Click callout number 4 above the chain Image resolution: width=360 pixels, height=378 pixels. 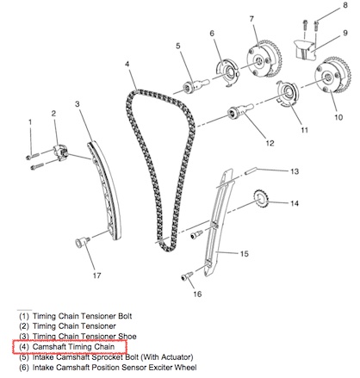coord(127,64)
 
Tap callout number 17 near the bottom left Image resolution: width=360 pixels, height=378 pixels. coord(96,276)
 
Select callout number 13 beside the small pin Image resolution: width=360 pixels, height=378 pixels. coord(295,171)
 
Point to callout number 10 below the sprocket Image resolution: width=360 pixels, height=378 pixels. coord(338,117)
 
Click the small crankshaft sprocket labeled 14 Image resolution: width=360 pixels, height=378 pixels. coord(261,199)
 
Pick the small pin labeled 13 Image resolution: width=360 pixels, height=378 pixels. coord(251,170)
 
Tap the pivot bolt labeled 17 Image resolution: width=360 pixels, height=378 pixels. coord(82,242)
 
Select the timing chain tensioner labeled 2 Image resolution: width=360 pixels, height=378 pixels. coord(60,152)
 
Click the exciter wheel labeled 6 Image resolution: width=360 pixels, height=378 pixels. coord(227,73)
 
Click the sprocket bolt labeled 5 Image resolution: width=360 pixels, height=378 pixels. coord(196,86)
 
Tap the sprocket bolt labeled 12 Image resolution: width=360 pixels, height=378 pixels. coord(240,111)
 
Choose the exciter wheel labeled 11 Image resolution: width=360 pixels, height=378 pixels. coord(287,94)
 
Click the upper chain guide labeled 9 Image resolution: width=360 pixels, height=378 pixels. coord(305,50)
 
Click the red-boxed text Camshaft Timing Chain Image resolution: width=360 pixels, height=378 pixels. coord(73,347)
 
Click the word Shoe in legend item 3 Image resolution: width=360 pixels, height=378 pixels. coord(127,336)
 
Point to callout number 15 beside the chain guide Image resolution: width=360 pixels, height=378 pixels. coord(244,254)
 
